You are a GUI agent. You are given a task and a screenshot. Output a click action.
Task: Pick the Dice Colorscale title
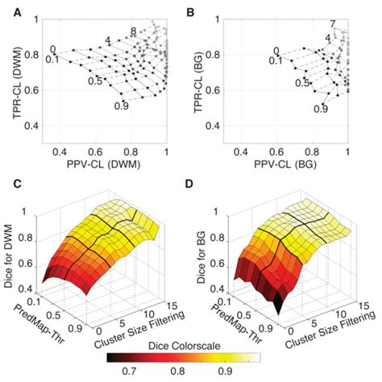tap(193, 343)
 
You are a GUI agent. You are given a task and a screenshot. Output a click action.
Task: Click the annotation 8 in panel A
tap(134, 31)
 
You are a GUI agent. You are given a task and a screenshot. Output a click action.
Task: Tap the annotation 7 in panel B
tap(332, 23)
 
